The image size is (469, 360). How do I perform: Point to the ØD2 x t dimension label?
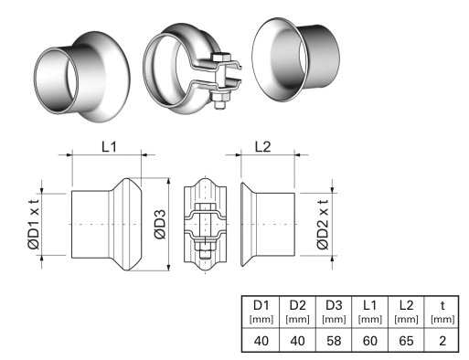click(322, 225)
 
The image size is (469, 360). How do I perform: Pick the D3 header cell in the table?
click(335, 309)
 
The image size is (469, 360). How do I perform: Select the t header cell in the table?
click(442, 309)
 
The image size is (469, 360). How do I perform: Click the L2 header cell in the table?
click(405, 309)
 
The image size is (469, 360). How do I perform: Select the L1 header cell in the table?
click(369, 309)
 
